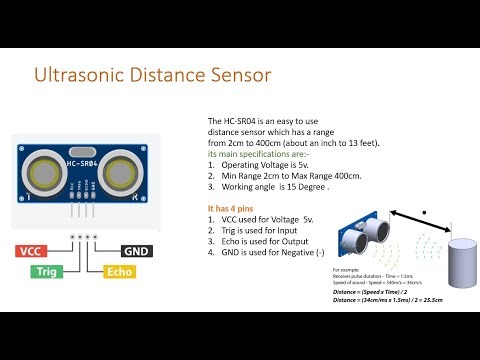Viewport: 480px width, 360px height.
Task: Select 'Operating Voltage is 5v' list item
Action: (x=265, y=164)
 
